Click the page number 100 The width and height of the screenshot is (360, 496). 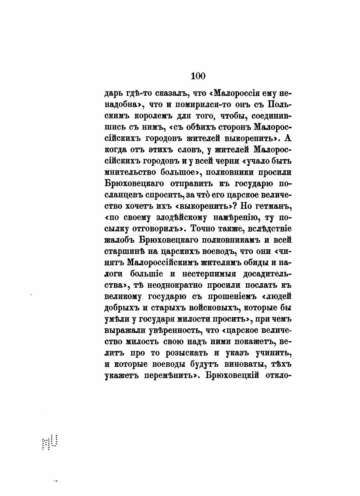point(198,76)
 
